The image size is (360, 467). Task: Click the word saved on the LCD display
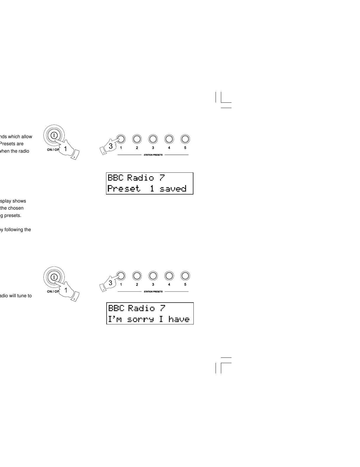click(x=173, y=189)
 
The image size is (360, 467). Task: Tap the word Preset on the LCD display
click(x=124, y=189)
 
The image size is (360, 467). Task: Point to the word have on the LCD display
click(x=179, y=319)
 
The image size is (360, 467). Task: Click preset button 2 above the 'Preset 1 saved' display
click(x=137, y=139)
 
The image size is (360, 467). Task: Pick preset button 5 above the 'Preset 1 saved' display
click(x=185, y=139)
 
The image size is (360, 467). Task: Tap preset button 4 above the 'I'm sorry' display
click(x=169, y=276)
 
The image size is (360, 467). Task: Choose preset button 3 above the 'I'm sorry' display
click(x=153, y=276)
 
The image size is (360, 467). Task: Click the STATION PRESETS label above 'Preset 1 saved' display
click(x=153, y=155)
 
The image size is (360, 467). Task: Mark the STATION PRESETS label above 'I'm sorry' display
click(x=153, y=292)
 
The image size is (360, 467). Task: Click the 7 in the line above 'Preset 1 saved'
click(x=162, y=178)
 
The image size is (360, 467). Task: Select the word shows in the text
click(x=19, y=201)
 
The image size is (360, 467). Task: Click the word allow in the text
click(x=26, y=137)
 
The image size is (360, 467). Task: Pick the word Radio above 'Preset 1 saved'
click(x=141, y=178)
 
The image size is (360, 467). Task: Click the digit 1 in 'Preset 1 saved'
click(x=152, y=189)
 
